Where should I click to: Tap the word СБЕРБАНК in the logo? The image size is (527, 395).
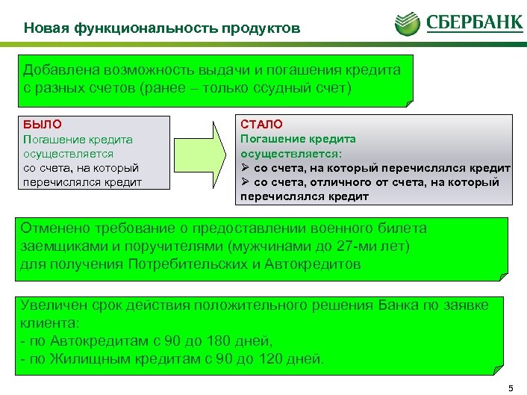[474, 22]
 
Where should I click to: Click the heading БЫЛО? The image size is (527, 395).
[43, 125]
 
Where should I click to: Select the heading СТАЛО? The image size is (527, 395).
[261, 124]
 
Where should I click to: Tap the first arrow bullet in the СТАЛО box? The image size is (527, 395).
[245, 168]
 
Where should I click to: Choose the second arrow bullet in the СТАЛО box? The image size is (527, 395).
[245, 182]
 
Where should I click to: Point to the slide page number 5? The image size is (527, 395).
[511, 387]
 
